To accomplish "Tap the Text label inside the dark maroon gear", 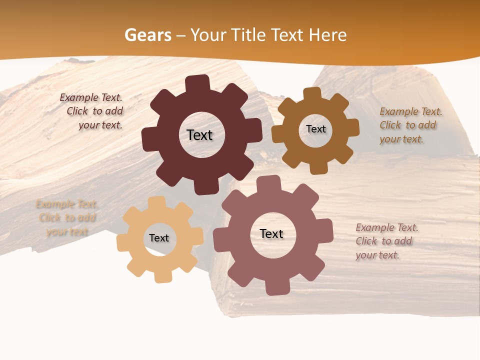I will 199,135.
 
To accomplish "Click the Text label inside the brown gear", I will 315,129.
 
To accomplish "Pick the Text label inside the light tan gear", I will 159,238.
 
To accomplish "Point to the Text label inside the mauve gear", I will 271,234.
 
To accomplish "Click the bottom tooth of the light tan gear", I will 161,275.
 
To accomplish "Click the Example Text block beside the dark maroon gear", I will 93,111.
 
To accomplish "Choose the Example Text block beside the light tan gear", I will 67,218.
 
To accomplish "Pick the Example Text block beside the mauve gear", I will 386,241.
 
